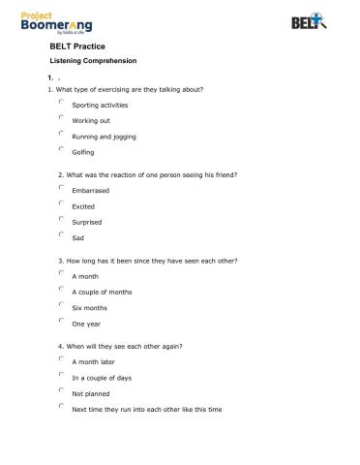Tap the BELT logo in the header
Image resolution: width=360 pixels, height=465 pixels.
309,21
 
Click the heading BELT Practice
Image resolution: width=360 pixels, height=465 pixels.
77,46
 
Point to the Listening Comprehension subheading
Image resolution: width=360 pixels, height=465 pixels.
93,60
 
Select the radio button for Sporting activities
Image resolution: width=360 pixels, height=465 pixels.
61,102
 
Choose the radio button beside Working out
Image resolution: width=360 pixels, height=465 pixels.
61,117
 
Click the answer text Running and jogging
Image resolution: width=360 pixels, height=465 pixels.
104,136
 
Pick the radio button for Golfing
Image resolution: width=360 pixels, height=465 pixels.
61,149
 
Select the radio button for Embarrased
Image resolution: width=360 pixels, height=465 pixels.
61,188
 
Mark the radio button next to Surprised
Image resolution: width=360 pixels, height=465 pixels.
61,219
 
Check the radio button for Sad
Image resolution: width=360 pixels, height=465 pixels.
61,234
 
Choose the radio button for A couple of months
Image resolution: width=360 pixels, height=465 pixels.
61,289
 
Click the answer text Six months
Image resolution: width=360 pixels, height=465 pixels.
89,308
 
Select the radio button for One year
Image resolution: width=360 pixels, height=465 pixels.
61,321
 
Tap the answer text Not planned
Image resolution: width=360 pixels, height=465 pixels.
91,393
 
